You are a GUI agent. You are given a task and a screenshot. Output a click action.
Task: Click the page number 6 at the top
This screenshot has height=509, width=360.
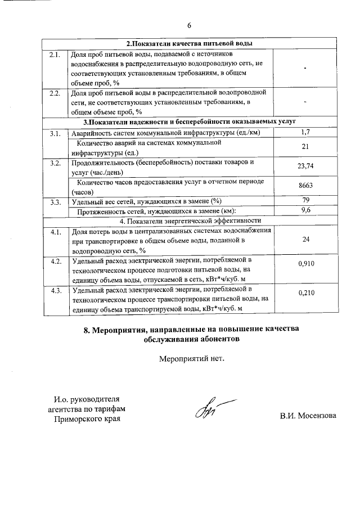pos(190,25)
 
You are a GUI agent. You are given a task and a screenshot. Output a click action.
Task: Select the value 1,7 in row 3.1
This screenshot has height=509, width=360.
pos(305,132)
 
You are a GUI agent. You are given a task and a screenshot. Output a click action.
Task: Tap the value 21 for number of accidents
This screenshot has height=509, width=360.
pos(305,147)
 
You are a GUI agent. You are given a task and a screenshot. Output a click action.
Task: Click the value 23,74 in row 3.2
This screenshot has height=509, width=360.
pos(305,166)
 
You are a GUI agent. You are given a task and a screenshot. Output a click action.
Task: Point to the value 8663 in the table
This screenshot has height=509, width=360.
pos(305,186)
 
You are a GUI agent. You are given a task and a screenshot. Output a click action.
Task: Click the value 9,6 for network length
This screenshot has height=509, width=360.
pos(306,210)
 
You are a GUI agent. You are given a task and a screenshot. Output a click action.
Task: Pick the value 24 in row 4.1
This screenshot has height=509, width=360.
pos(305,239)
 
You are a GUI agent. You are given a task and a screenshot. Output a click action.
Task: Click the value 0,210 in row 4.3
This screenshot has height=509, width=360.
pos(305,292)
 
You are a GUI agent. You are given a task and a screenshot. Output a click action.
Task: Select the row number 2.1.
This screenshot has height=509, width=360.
pos(55,55)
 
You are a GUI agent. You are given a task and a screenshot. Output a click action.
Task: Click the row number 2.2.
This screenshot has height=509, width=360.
pos(55,92)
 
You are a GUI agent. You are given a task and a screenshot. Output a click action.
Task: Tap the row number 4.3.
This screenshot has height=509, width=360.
pos(56,291)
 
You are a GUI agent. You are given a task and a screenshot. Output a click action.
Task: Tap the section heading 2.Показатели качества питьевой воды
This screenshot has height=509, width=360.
pos(189,43)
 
